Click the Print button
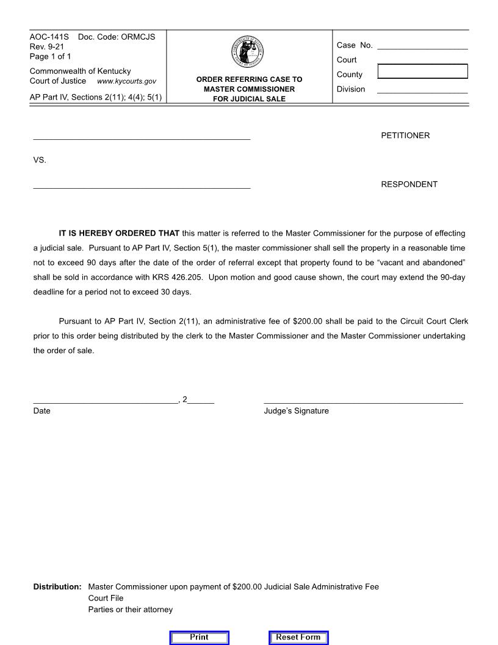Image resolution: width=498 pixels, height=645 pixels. tap(199, 637)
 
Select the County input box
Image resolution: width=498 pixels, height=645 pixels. tap(422, 71)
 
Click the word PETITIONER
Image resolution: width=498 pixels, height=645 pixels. tap(405, 136)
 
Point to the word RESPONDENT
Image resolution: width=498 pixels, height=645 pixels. tap(409, 184)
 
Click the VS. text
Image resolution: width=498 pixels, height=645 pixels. tap(40, 160)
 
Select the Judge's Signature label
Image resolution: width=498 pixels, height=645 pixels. tap(296, 411)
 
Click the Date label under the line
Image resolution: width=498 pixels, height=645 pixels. tap(41, 411)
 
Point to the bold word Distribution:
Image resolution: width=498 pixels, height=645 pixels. tap(57, 587)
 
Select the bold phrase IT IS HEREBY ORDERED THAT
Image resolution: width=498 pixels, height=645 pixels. tap(119, 233)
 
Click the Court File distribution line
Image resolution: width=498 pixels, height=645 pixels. tap(106, 599)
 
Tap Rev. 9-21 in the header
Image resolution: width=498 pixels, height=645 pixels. tap(46, 47)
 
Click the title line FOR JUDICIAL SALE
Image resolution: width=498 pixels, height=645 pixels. tap(249, 99)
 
